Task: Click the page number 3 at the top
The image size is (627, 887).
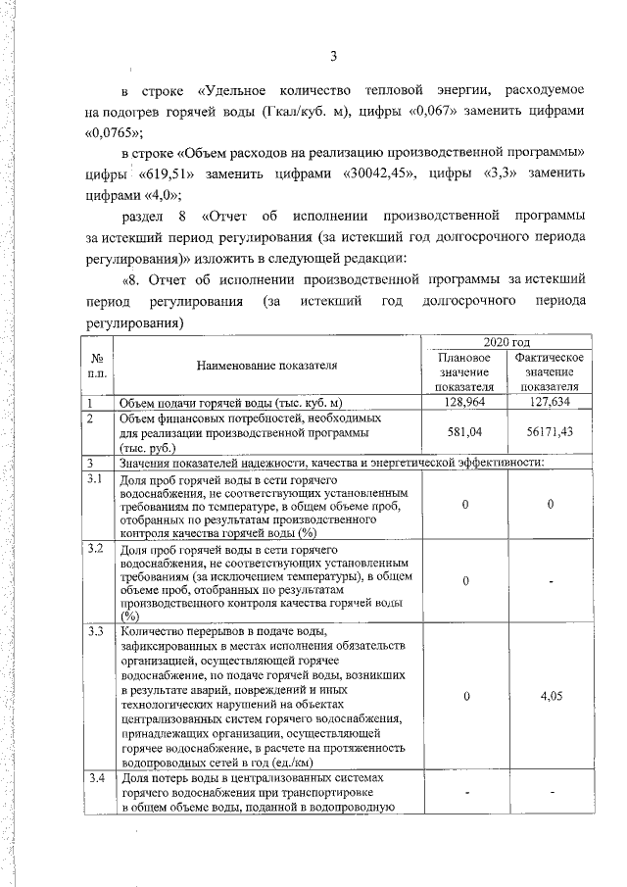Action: coord(333,54)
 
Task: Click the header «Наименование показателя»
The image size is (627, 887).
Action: coord(266,366)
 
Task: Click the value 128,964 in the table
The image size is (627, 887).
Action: coord(465,402)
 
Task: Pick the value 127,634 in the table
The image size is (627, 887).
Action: coord(549,402)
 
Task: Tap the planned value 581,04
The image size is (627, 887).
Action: coord(465,432)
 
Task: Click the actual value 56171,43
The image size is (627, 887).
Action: coord(549,432)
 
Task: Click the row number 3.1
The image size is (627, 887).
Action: coord(95,479)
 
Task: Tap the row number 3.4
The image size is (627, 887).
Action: coord(95,778)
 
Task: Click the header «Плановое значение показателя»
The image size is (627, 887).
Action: coord(465,372)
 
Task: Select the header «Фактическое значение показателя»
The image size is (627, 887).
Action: coord(549,372)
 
